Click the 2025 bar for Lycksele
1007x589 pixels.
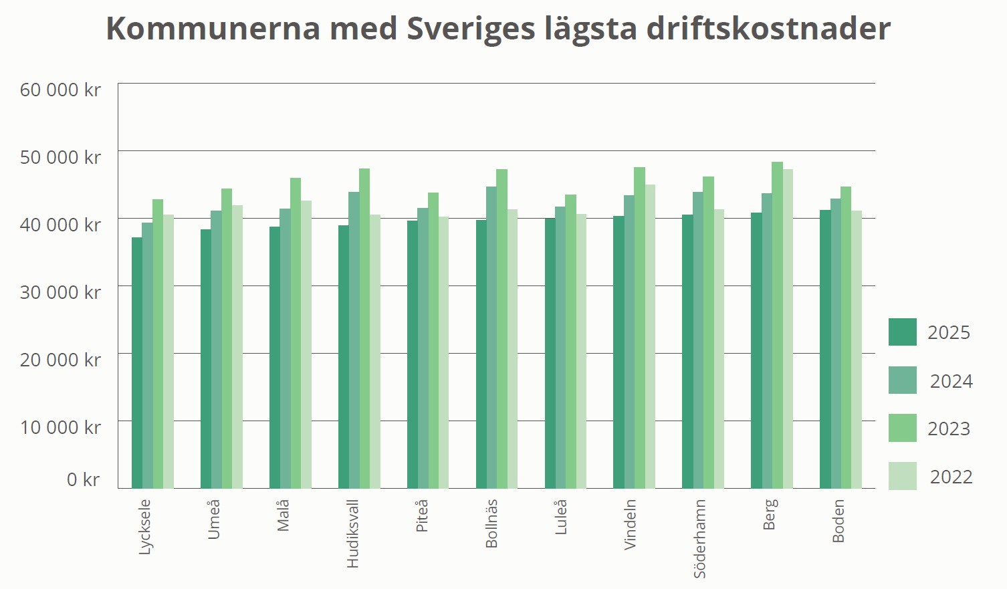click(137, 363)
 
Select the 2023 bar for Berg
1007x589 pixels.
click(777, 326)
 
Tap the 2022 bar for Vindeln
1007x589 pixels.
click(650, 337)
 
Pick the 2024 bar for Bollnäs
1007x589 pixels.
click(491, 338)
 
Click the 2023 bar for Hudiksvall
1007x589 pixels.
click(364, 329)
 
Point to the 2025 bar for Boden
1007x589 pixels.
click(825, 350)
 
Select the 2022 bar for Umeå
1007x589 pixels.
click(237, 347)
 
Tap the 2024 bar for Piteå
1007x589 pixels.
click(423, 348)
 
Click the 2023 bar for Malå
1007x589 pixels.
click(296, 334)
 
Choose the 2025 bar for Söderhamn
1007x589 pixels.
click(687, 352)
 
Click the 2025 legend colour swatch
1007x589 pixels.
click(902, 332)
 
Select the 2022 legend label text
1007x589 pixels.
click(951, 477)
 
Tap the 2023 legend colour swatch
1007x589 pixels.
click(902, 429)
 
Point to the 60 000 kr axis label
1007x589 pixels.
click(60, 90)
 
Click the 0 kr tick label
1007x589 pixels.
click(83, 479)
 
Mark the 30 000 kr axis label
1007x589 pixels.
click(60, 292)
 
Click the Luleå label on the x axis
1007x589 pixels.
click(561, 517)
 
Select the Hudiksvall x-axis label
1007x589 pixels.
click(353, 534)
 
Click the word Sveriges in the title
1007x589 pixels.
click(471, 29)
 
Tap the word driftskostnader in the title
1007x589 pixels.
click(768, 29)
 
